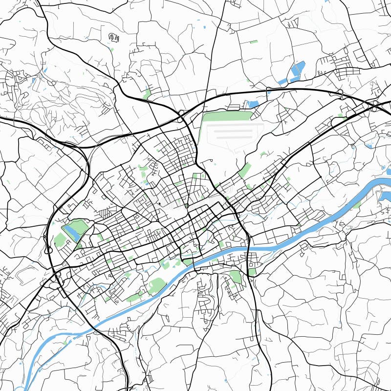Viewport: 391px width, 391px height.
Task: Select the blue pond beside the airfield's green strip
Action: (x=253, y=104)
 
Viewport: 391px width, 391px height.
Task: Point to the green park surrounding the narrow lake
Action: (x=78, y=226)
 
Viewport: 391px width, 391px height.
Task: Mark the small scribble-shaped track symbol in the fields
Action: (x=114, y=37)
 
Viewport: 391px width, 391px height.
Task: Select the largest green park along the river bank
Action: (x=157, y=285)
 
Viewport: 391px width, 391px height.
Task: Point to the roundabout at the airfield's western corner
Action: (x=181, y=113)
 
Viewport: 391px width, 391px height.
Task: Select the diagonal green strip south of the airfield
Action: (x=245, y=170)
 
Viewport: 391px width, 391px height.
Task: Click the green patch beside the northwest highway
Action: (x=147, y=93)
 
